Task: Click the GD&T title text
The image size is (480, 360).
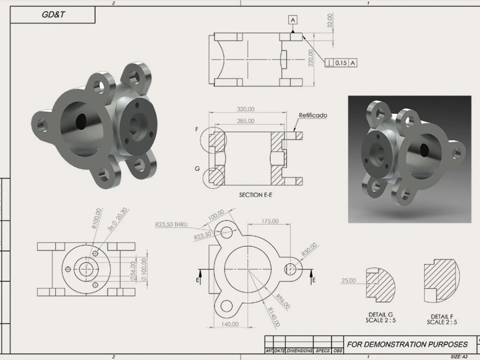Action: pyautogui.click(x=53, y=15)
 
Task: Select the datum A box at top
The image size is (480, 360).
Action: pyautogui.click(x=293, y=19)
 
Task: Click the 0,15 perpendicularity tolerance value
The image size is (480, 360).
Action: pyautogui.click(x=341, y=63)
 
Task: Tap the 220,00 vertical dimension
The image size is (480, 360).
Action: pyautogui.click(x=311, y=58)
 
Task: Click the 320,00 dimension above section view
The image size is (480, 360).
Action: pyautogui.click(x=246, y=109)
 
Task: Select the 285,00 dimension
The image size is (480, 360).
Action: pyautogui.click(x=246, y=121)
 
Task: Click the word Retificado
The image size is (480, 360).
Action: pyautogui.click(x=313, y=116)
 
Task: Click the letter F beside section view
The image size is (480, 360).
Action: pyautogui.click(x=197, y=130)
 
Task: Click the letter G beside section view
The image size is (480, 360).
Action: pyautogui.click(x=197, y=169)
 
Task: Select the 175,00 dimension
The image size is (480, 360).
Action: pyautogui.click(x=270, y=221)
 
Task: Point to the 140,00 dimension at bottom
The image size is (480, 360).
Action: pyautogui.click(x=230, y=324)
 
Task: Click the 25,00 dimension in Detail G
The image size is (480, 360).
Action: pyautogui.click(x=348, y=280)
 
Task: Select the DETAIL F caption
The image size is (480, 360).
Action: pyautogui.click(x=442, y=317)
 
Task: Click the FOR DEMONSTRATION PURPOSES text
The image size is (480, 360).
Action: pyautogui.click(x=408, y=344)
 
